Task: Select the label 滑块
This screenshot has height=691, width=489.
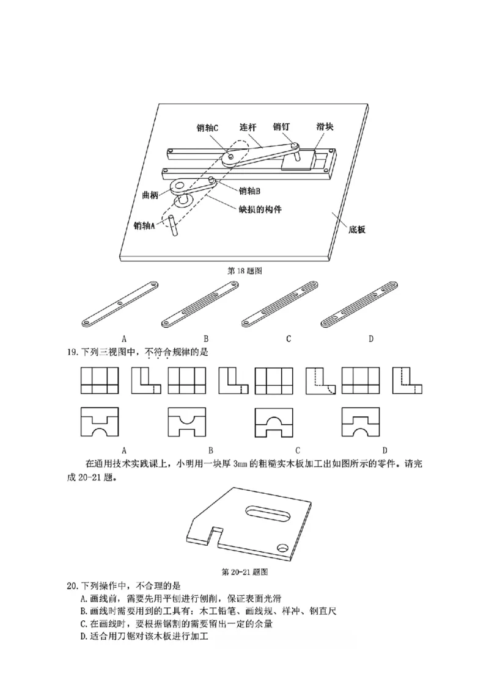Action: pos(325,127)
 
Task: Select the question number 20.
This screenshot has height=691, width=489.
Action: pos(74,585)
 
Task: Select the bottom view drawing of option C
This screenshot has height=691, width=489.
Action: pos(275,422)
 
